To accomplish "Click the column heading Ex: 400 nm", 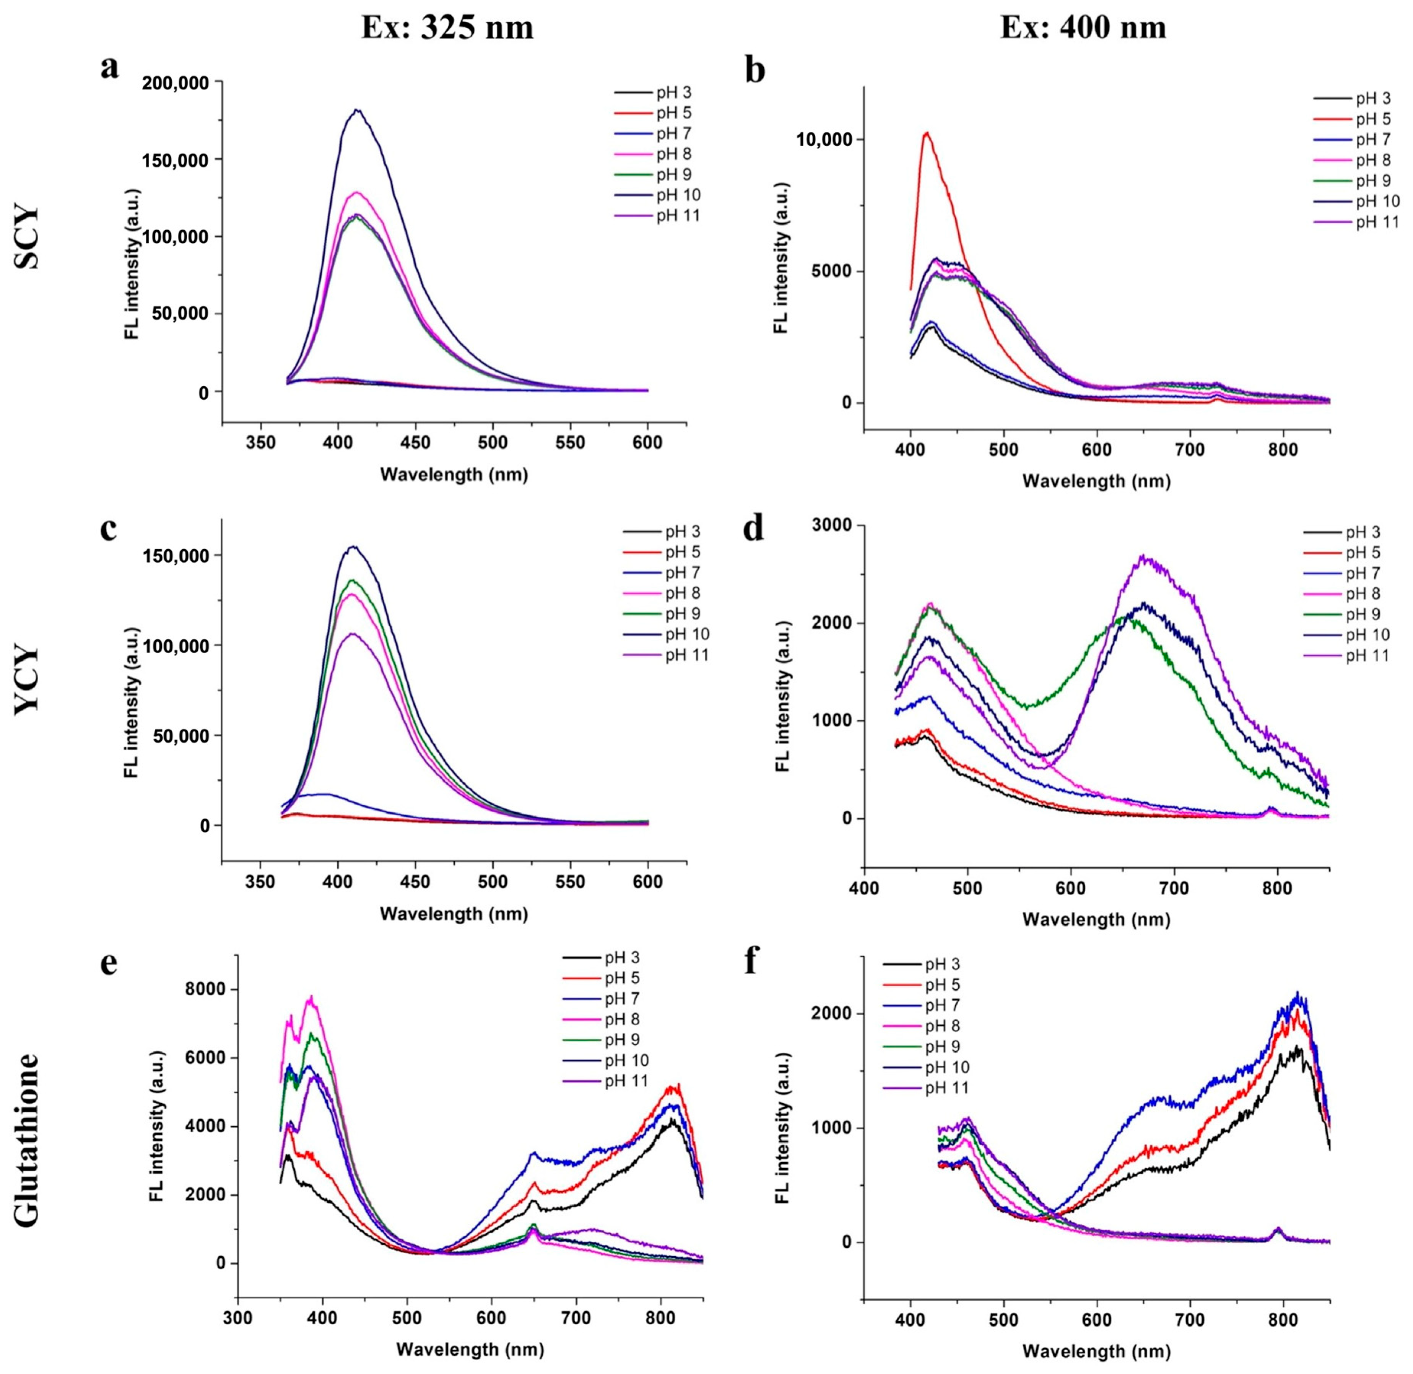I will pos(1083,28).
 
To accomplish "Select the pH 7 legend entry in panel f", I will pos(942,1005).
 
